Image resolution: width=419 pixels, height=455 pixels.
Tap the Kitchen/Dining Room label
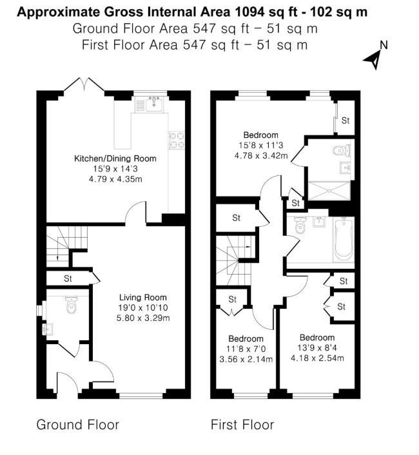point(115,159)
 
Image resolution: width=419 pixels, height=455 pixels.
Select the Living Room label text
point(143,298)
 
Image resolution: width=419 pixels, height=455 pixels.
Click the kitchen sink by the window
point(154,104)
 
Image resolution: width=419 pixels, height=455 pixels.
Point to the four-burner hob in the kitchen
point(177,140)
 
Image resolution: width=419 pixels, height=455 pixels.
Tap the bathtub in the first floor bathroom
point(344,239)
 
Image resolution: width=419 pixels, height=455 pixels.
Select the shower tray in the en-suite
point(329,191)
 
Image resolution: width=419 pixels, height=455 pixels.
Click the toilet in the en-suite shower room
point(342,151)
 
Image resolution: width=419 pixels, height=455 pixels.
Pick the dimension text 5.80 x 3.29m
point(143,318)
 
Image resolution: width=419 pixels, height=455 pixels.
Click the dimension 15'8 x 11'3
point(260,146)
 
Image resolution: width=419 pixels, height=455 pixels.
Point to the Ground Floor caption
point(78,425)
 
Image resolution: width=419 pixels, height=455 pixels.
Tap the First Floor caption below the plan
point(242,425)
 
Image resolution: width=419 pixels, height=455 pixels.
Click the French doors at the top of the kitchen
point(84,84)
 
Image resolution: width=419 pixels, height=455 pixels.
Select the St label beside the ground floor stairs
point(68,279)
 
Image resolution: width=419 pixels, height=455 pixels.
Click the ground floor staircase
point(67,246)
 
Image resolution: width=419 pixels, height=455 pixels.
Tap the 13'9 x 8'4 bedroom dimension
point(317,347)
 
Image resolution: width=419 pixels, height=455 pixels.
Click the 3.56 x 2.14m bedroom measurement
point(246,360)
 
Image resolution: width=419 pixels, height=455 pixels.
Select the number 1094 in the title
point(250,12)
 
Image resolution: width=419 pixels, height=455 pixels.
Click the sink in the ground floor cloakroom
point(47,329)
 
